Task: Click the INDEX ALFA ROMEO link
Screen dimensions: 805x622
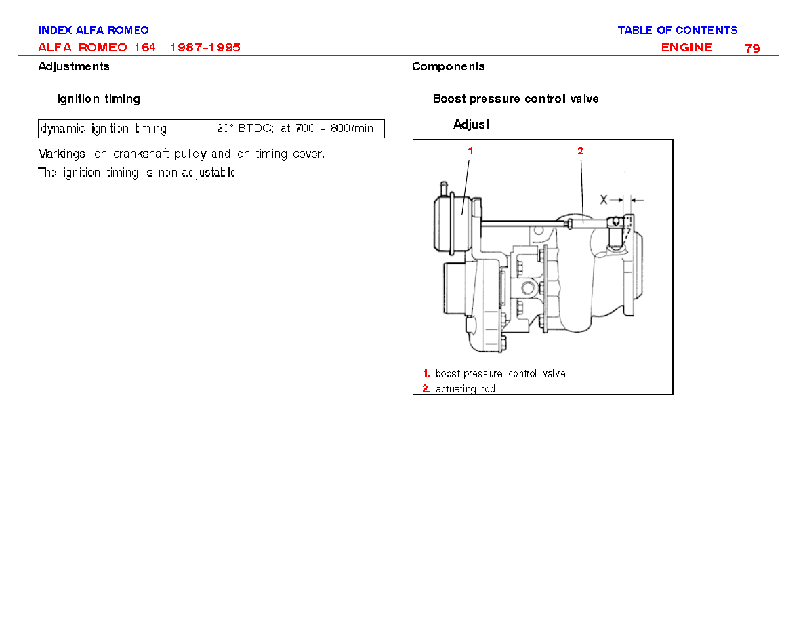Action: [x=94, y=30]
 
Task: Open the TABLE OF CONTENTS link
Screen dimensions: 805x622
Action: [x=677, y=30]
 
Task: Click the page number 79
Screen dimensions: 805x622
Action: [x=752, y=48]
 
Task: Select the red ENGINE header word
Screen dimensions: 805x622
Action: [x=686, y=47]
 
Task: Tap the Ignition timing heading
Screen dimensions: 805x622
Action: [x=98, y=98]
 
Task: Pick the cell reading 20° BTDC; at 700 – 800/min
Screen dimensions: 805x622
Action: [x=297, y=128]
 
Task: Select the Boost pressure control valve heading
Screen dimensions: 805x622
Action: [x=516, y=98]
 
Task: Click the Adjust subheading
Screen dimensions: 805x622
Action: [x=472, y=125]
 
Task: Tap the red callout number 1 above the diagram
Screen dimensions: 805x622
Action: [x=470, y=151]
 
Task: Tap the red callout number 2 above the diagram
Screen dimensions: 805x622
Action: [x=580, y=151]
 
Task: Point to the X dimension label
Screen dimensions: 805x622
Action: [x=604, y=200]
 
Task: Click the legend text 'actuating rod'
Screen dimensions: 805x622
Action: [x=465, y=389]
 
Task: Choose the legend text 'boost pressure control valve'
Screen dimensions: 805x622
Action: [x=501, y=373]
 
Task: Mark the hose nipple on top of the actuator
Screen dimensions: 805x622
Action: [x=444, y=187]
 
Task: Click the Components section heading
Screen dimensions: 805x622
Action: [x=448, y=66]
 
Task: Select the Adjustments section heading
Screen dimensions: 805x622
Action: [x=73, y=66]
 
